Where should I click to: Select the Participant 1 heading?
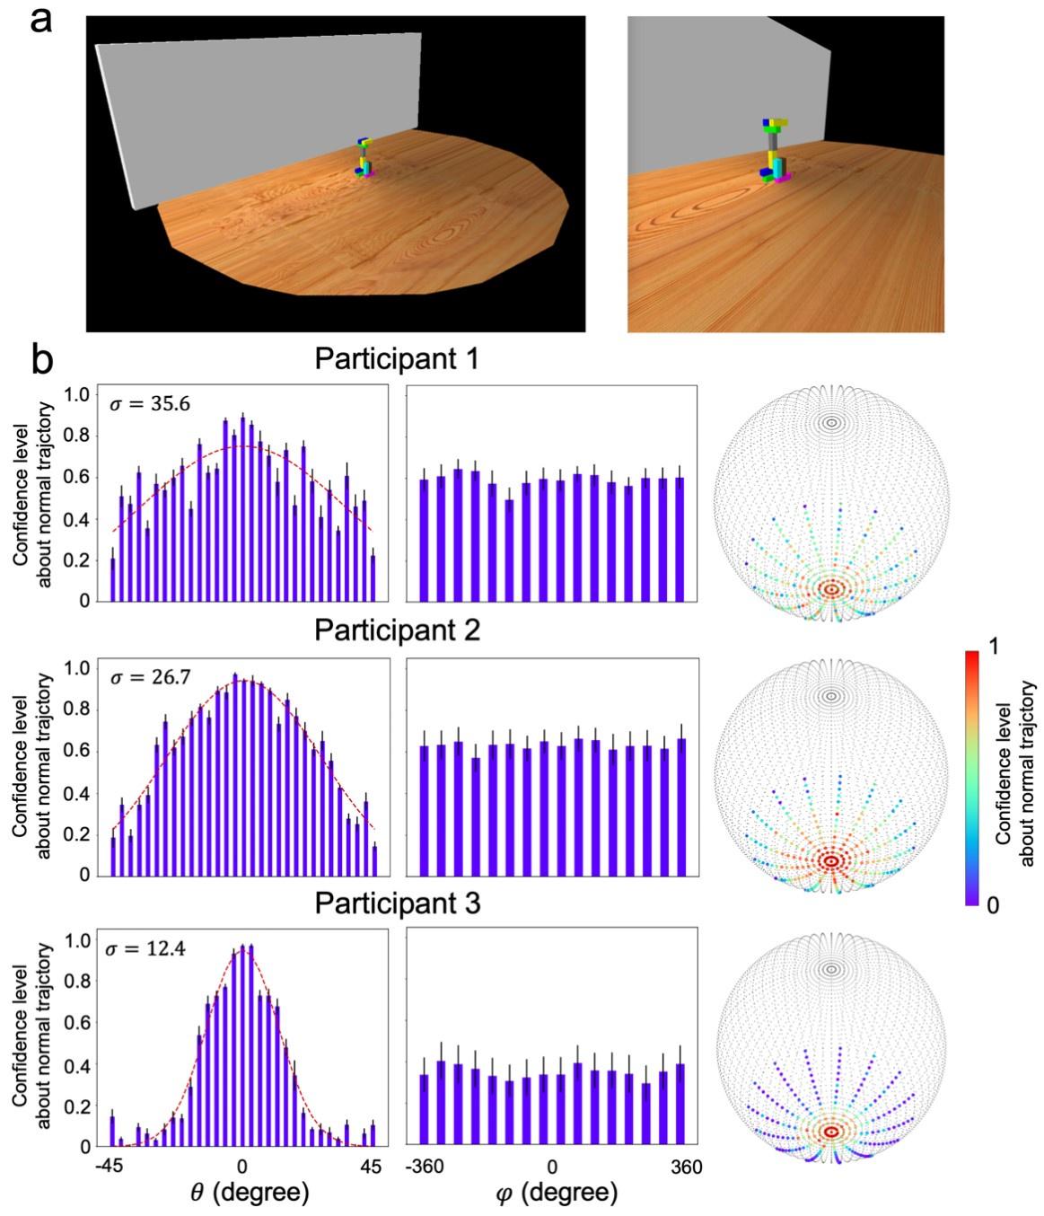[397, 359]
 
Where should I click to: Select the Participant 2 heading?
[397, 630]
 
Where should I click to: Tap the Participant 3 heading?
[397, 903]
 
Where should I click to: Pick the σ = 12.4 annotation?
[148, 948]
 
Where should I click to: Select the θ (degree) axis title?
[250, 1193]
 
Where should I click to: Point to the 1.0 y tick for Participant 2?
[79, 668]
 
